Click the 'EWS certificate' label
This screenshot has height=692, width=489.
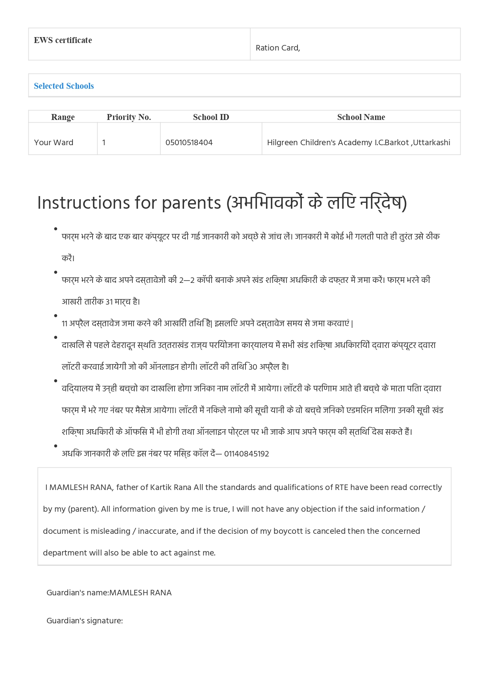pyautogui.click(x=63, y=40)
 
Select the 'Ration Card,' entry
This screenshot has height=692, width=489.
pyautogui.click(x=278, y=48)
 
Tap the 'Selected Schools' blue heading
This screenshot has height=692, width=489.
pyautogui.click(x=64, y=86)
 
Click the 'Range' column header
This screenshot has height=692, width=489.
pyautogui.click(x=63, y=117)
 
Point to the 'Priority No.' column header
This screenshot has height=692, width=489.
pyautogui.click(x=129, y=117)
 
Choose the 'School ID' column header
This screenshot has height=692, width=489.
pyautogui.click(x=211, y=117)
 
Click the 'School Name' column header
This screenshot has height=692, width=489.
pyautogui.click(x=361, y=117)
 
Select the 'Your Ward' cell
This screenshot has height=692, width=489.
pyautogui.click(x=54, y=142)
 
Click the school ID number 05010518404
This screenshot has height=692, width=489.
pyautogui.click(x=189, y=142)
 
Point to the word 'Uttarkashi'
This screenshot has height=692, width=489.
pyautogui.click(x=431, y=142)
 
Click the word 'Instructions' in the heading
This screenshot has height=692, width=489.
pyautogui.click(x=83, y=203)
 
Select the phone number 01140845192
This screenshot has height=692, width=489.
pyautogui.click(x=247, y=454)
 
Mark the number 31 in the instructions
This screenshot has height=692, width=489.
pyautogui.click(x=109, y=302)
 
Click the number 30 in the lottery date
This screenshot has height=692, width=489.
pyautogui.click(x=253, y=367)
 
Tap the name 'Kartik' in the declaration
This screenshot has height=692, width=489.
pyautogui.click(x=161, y=487)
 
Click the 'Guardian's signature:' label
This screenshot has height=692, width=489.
pyautogui.click(x=85, y=621)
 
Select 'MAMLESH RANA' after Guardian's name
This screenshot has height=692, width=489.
pyautogui.click(x=140, y=593)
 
